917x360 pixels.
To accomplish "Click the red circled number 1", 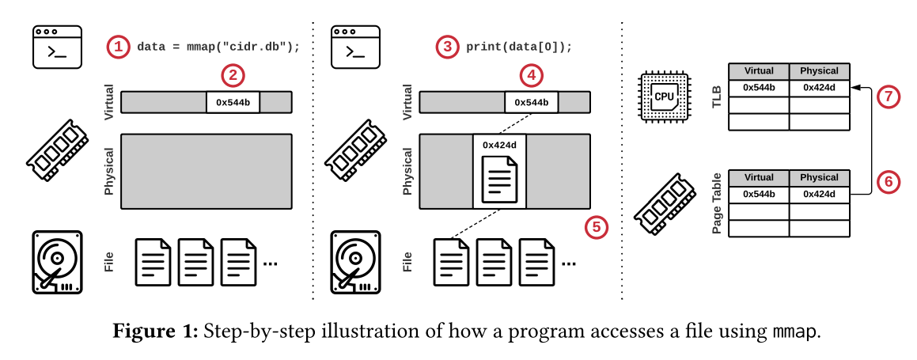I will pyautogui.click(x=118, y=47).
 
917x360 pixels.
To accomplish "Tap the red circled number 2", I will pyautogui.click(x=233, y=76).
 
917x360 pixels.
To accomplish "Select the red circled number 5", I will pyautogui.click(x=597, y=227).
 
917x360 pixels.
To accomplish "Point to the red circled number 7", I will pyautogui.click(x=889, y=97).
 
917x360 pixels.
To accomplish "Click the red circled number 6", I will pyautogui.click(x=889, y=181).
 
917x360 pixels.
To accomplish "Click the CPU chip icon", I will pyautogui.click(x=663, y=97).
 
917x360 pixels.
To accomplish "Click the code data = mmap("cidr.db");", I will pyautogui.click(x=218, y=47).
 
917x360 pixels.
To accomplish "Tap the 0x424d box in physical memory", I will pyautogui.click(x=499, y=145).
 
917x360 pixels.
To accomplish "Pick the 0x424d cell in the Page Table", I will pyautogui.click(x=819, y=194).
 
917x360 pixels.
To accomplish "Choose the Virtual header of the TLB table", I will pyautogui.click(x=758, y=70).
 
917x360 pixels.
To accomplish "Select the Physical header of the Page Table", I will pyautogui.click(x=819, y=177).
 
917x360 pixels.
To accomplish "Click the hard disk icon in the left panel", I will pyautogui.click(x=57, y=262).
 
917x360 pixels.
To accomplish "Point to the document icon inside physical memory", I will pyautogui.click(x=499, y=180).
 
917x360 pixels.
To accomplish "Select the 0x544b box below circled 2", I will pyautogui.click(x=233, y=102).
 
